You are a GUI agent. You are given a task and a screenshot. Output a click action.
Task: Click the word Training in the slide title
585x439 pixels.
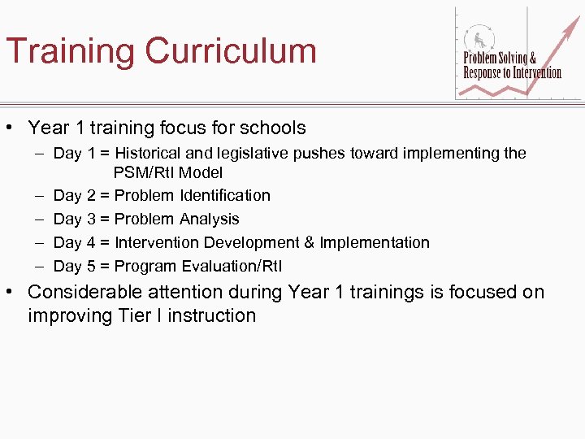pos(70,52)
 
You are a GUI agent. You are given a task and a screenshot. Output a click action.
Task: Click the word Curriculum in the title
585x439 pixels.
pos(231,50)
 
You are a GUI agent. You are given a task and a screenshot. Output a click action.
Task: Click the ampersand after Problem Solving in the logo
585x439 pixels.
pos(532,59)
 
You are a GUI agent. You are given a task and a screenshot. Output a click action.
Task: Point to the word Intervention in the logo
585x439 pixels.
pos(535,72)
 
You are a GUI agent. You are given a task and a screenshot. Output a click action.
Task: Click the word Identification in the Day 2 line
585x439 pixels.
pos(221,195)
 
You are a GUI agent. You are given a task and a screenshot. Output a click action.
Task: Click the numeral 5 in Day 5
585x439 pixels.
pos(91,266)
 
